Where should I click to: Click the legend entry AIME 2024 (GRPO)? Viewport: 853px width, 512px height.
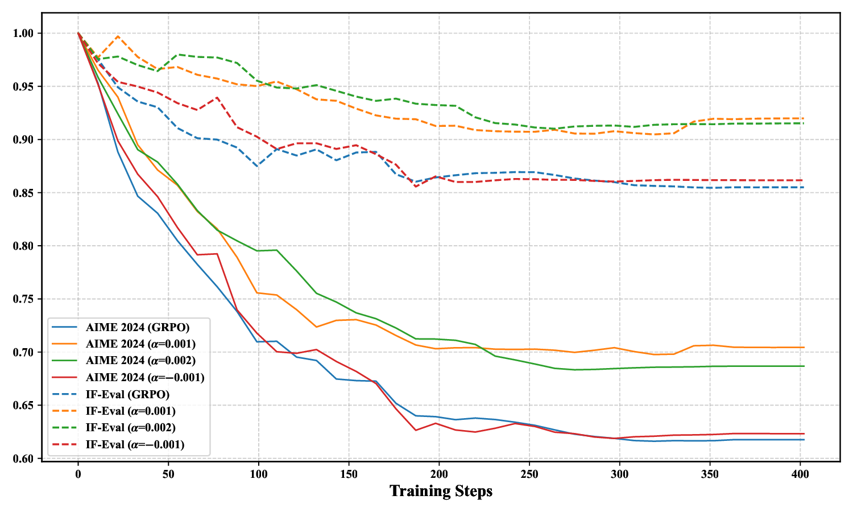[137, 327]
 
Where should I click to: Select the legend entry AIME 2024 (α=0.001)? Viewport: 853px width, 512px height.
[140, 344]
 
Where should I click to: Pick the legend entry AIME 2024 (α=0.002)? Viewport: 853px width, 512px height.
[140, 361]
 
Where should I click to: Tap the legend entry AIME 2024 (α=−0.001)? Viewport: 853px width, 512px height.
[145, 377]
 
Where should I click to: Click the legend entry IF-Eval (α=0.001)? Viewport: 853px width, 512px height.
[130, 411]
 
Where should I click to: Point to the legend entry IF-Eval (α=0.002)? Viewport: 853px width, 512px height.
[130, 428]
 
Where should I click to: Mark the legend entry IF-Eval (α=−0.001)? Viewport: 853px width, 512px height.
[135, 444]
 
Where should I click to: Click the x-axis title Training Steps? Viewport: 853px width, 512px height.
[441, 491]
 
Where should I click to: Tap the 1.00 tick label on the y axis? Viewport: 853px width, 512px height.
[23, 34]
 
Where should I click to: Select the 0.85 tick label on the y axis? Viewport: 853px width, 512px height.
[23, 193]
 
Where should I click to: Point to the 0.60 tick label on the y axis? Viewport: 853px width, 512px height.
[23, 459]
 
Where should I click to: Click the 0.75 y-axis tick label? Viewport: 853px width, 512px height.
[23, 299]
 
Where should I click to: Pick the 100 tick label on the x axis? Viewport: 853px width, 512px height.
[259, 473]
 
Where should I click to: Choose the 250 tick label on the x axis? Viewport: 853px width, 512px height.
[529, 473]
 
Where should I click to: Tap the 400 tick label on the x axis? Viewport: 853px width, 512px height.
[800, 473]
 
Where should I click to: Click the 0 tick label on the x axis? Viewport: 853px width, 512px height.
[78, 473]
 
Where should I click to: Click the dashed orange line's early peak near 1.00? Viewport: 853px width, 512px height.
[118, 36]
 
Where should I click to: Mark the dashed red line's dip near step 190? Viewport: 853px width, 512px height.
[416, 187]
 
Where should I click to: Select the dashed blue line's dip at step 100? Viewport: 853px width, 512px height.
[258, 166]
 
